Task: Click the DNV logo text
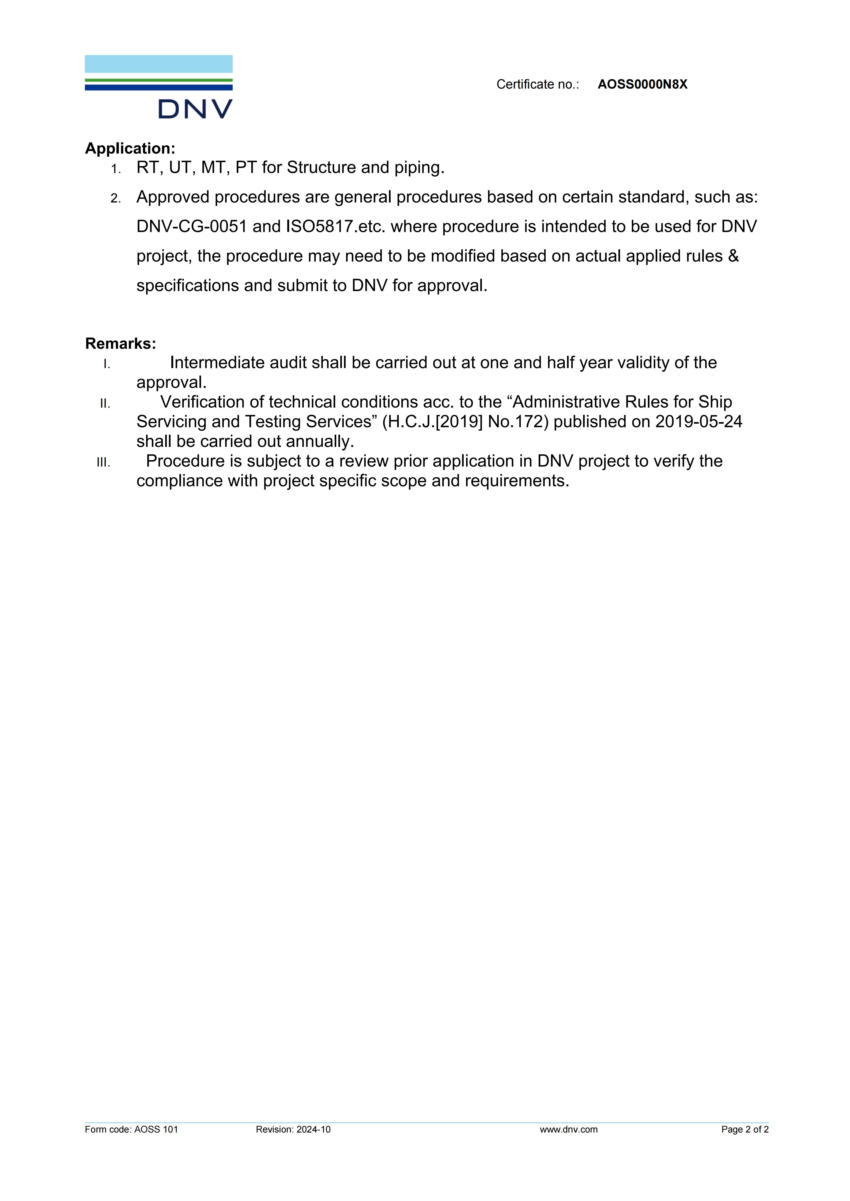click(195, 109)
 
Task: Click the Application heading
click(130, 148)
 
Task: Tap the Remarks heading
click(120, 344)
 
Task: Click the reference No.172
click(518, 422)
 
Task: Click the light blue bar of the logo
click(158, 64)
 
